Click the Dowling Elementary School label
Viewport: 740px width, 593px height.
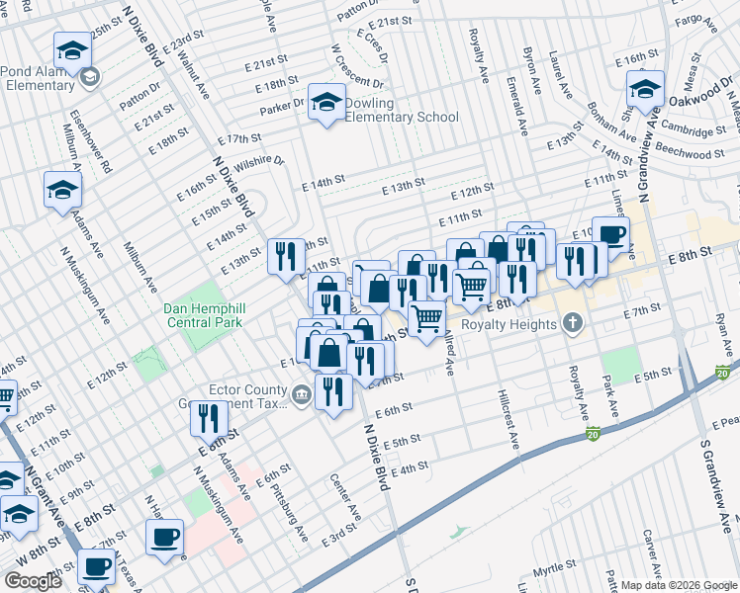click(401, 110)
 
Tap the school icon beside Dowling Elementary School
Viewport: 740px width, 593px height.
click(326, 102)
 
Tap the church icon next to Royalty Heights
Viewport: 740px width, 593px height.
click(572, 322)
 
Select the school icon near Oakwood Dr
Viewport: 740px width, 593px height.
click(645, 91)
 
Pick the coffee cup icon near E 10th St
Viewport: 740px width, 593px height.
click(610, 235)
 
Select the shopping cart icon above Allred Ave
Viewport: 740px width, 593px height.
click(426, 318)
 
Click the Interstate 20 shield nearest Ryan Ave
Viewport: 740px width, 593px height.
click(723, 372)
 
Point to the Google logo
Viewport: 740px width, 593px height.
click(33, 581)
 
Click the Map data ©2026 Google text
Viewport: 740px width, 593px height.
click(679, 585)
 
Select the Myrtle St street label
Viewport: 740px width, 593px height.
click(554, 571)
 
